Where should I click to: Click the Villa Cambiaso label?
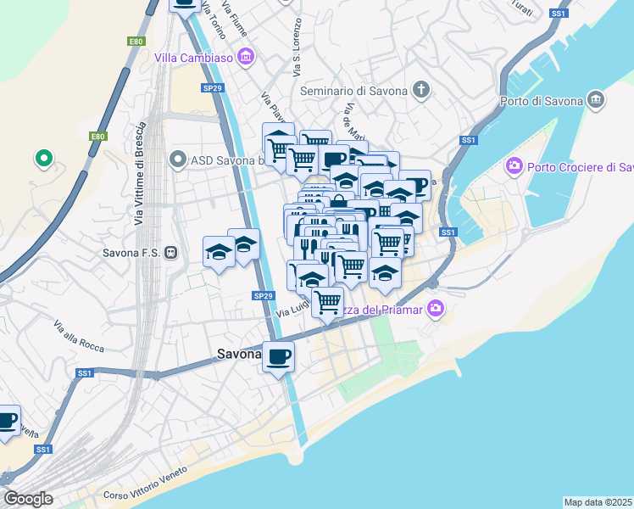194,58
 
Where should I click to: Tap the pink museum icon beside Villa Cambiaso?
247,58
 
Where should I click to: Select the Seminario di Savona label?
353,90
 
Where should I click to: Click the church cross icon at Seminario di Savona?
421,90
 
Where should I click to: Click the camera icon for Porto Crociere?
513,166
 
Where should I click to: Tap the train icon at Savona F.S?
171,252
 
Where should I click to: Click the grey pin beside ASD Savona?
177,159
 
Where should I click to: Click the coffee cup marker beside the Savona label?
278,355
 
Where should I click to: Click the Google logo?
28,499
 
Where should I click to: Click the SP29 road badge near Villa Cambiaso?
212,87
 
